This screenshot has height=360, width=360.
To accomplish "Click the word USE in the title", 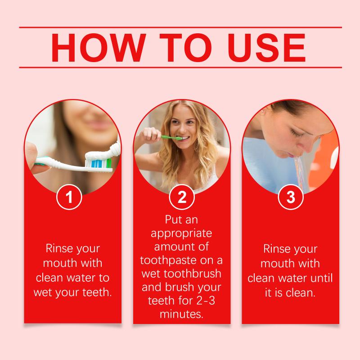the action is [x=267, y=48].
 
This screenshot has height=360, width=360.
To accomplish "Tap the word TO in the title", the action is [x=186, y=48].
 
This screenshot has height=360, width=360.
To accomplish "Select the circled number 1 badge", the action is [x=69, y=197].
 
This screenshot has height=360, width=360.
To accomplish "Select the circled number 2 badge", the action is [x=182, y=197].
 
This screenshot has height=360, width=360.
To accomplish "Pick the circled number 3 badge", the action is [x=291, y=197].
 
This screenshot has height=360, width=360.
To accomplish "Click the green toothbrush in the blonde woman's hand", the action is [x=171, y=138].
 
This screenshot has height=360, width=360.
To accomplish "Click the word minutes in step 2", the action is [x=181, y=314].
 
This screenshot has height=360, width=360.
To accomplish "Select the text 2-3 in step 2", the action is [x=206, y=301].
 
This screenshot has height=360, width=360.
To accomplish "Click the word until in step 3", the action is [x=321, y=278].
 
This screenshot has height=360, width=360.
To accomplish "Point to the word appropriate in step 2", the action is [x=181, y=234].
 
